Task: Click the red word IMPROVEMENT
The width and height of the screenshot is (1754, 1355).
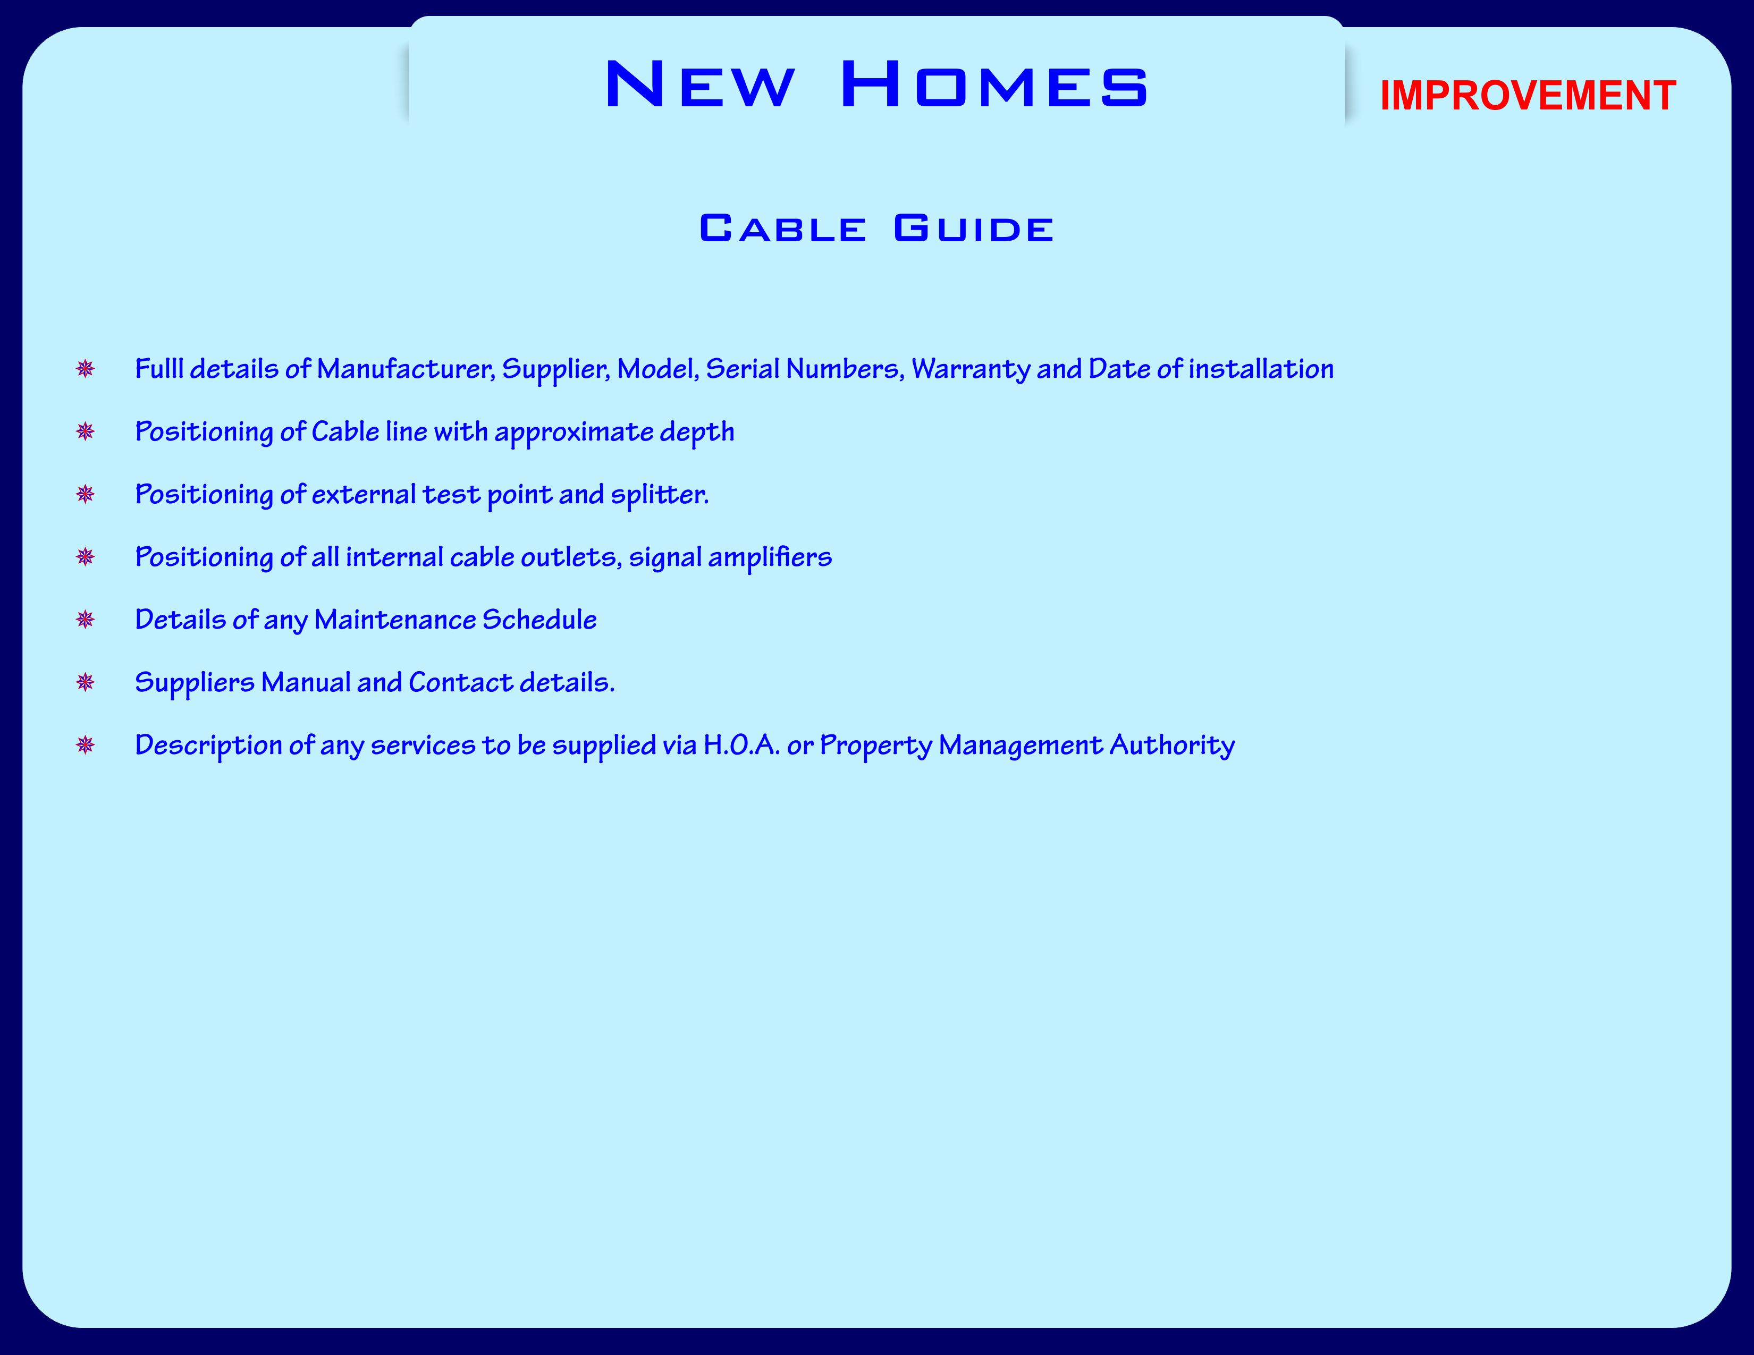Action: coord(1528,96)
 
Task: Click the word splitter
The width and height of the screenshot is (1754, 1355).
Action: coord(660,495)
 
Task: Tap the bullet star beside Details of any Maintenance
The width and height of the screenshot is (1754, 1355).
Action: coord(85,620)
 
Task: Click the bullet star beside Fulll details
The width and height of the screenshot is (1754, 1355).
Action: coord(85,369)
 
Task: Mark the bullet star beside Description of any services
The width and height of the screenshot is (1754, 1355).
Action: coord(85,745)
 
